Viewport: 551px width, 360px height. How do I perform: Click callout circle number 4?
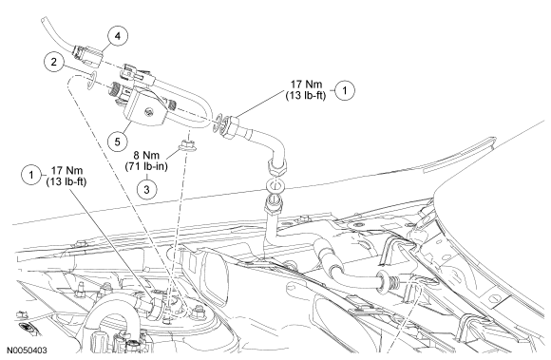118,36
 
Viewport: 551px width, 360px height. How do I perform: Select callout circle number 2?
54,62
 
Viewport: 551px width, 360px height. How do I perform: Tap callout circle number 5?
118,142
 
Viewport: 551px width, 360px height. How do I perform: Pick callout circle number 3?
146,189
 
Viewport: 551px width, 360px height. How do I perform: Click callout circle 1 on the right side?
345,90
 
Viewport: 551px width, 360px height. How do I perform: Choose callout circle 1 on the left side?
31,175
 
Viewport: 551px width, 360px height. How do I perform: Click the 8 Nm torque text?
146,155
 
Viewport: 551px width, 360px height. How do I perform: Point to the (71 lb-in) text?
146,166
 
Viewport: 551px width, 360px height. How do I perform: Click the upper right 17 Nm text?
307,85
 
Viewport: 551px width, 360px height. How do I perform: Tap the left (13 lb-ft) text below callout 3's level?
66,181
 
